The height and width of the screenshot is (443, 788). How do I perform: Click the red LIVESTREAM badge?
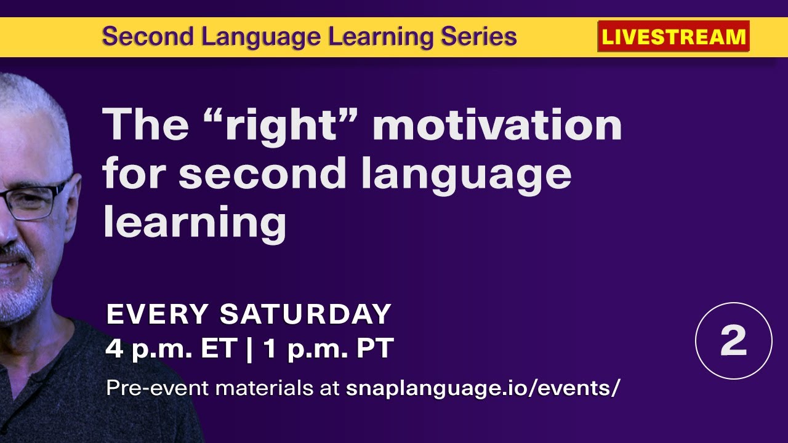(673, 37)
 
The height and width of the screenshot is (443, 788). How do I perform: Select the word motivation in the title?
(497, 125)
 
